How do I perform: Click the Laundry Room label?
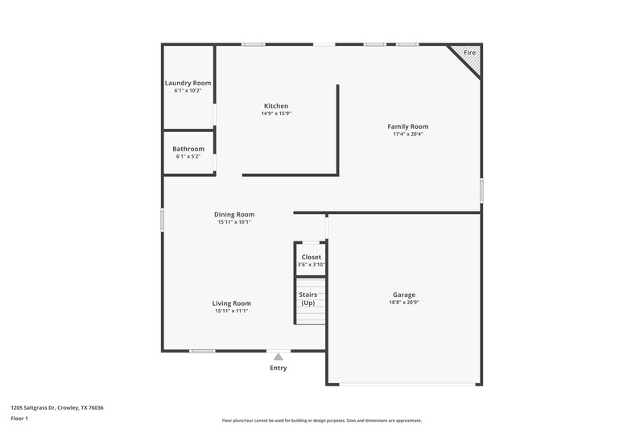[x=188, y=83]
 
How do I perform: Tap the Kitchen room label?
[x=276, y=106]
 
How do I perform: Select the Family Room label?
[x=408, y=126]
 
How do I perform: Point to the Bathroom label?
[x=188, y=149]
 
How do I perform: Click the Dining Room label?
[x=234, y=214]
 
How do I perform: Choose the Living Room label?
[x=232, y=303]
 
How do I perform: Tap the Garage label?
[x=404, y=295]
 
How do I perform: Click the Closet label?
[x=311, y=258]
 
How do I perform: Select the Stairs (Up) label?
[x=308, y=299]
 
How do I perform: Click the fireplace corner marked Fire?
[x=468, y=55]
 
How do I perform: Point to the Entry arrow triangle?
[x=279, y=356]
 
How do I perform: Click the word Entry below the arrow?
[x=279, y=368]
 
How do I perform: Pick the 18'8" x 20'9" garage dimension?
[x=404, y=303]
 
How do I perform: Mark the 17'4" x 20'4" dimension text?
[x=408, y=134]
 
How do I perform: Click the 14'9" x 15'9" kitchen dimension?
[x=276, y=113]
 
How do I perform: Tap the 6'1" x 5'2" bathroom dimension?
[x=188, y=156]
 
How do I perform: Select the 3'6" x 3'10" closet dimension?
[x=311, y=265]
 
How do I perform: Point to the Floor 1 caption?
[x=19, y=419]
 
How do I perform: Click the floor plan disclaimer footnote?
[x=322, y=420]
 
